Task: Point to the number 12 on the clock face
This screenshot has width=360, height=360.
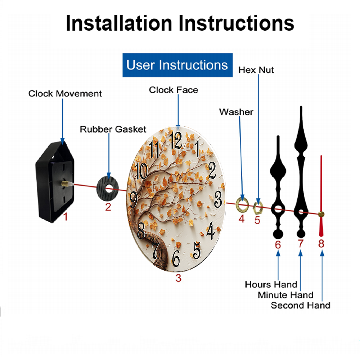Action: (176, 140)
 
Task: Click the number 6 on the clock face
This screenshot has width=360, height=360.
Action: (176, 259)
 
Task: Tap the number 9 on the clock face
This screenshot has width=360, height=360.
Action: (134, 199)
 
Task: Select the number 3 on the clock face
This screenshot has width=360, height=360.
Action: (218, 199)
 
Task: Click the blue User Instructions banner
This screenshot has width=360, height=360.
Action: (177, 65)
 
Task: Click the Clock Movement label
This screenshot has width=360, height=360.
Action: (65, 94)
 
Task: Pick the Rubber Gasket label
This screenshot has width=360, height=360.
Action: (113, 129)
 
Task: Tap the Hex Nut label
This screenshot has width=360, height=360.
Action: (256, 70)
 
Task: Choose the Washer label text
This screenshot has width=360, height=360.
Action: (236, 112)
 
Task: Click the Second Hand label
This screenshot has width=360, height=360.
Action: (301, 305)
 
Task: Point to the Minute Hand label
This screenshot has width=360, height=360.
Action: (285, 295)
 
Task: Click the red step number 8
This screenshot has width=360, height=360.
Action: (321, 244)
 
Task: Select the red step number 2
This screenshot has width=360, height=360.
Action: (108, 207)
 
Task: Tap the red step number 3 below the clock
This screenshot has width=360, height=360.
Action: (179, 278)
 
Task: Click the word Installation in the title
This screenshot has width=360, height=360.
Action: (119, 23)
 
